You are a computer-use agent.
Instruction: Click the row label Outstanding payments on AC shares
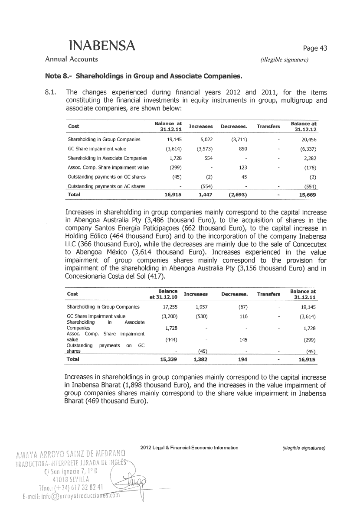107,186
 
